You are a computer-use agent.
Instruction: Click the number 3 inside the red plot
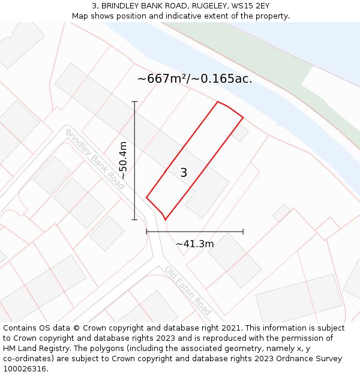[x=184, y=173]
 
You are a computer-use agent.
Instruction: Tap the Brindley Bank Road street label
[x=95, y=159]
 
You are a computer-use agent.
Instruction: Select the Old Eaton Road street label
[x=188, y=290]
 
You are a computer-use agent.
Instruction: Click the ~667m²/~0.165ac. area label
[x=194, y=79]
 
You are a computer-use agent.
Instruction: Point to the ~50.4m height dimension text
[x=123, y=160]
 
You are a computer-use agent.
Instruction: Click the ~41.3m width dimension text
[x=194, y=244]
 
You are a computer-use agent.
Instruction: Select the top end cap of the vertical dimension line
[x=134, y=102]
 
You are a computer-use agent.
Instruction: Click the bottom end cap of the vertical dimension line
[x=134, y=220]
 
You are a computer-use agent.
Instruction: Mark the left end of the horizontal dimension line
[x=146, y=231]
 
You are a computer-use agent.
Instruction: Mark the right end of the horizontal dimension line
[x=243, y=231]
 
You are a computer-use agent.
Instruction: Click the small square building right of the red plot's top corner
[x=240, y=133]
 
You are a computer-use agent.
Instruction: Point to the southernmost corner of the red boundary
[x=165, y=220]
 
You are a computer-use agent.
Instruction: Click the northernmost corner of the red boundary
[x=217, y=102]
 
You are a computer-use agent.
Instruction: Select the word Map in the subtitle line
[x=80, y=16]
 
